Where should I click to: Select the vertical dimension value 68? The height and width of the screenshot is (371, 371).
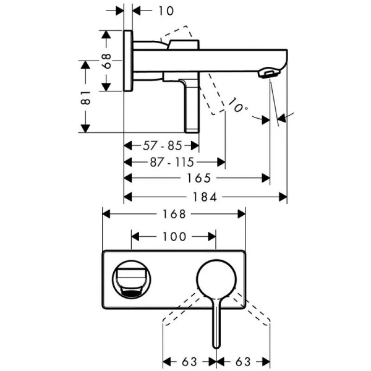(106, 61)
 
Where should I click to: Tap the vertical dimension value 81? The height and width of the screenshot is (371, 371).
(86, 96)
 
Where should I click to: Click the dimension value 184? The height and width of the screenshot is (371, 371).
(207, 197)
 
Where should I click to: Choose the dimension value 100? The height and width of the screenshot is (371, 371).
(174, 236)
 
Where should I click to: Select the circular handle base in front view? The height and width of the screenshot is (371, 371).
(216, 279)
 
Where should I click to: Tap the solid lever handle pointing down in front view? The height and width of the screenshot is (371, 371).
(216, 325)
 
